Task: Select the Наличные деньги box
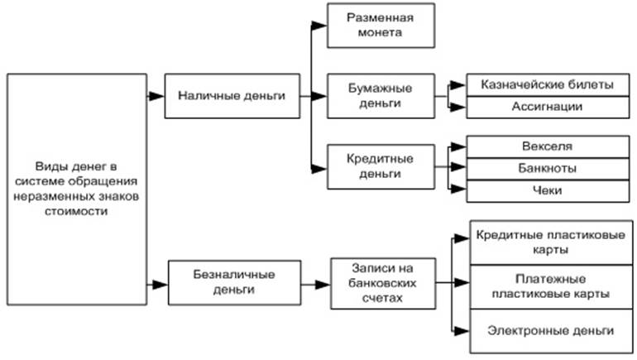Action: [231, 95]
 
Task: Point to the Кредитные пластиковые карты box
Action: [550, 242]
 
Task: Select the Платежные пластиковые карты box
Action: [550, 286]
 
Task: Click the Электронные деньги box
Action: [550, 330]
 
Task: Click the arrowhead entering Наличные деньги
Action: [157, 96]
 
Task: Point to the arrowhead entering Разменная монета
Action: [321, 26]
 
